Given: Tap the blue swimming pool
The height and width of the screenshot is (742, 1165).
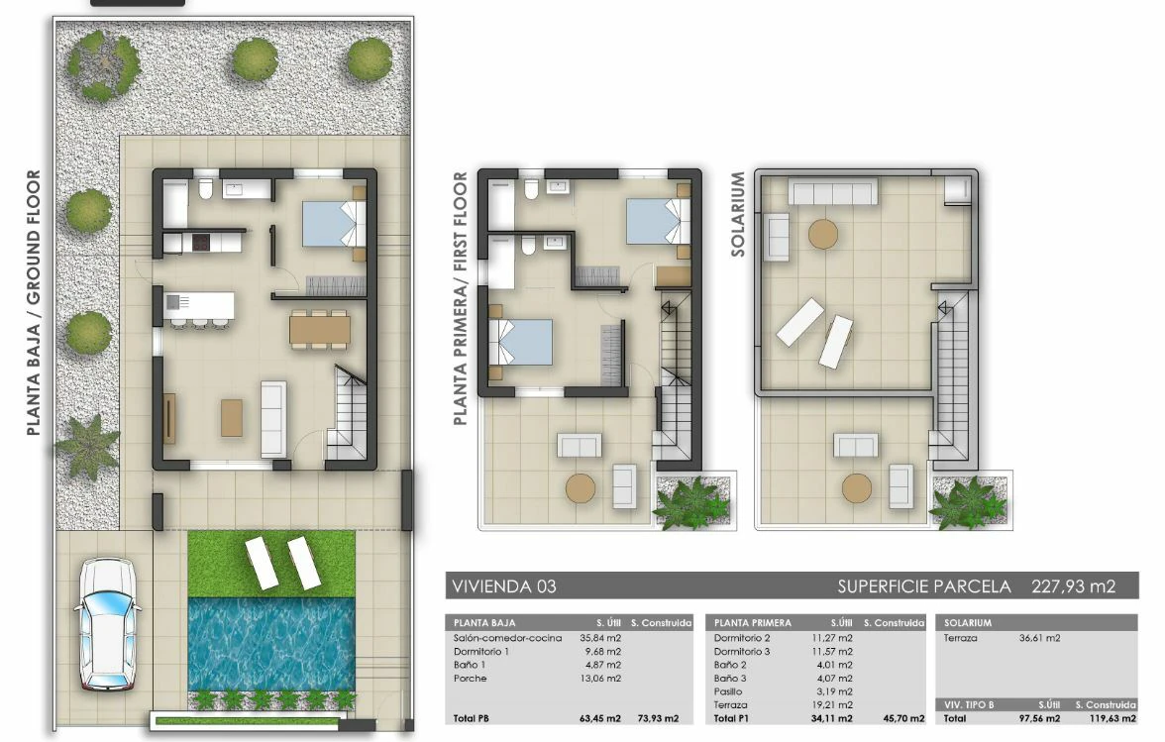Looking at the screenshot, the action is (x=271, y=643).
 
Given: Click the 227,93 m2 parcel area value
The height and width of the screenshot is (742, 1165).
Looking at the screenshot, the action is (x=1074, y=586).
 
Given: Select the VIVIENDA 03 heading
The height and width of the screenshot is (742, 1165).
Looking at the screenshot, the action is (x=503, y=586).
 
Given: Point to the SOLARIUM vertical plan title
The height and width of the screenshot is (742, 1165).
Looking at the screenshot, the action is (x=738, y=214).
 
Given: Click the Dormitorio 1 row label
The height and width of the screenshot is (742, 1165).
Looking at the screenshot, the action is (x=481, y=652).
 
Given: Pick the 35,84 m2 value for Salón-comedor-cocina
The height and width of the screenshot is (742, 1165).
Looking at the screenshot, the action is (x=600, y=638).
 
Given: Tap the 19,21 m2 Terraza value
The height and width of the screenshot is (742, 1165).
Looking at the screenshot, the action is (x=834, y=705).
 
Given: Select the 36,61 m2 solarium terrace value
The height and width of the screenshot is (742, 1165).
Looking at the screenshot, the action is (x=1039, y=638).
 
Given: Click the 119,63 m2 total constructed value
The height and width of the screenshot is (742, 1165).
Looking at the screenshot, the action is (x=1113, y=718).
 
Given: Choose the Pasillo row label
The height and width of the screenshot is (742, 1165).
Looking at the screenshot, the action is (x=728, y=691).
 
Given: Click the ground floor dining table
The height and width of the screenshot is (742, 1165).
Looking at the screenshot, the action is (x=320, y=329).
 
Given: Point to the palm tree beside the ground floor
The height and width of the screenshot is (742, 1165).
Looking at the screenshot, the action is (x=87, y=446).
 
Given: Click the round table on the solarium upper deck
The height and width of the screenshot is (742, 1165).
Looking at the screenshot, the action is (x=822, y=234).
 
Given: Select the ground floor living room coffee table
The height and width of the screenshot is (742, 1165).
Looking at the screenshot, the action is (x=232, y=418).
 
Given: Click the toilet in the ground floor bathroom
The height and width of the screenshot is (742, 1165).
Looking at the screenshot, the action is (x=206, y=188).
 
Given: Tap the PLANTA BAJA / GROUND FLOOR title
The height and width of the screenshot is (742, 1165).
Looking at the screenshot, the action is (x=34, y=303).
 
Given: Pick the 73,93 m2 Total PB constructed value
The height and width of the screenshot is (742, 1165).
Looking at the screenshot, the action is (x=658, y=718).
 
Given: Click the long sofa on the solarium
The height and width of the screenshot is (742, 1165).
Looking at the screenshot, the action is (x=832, y=191).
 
